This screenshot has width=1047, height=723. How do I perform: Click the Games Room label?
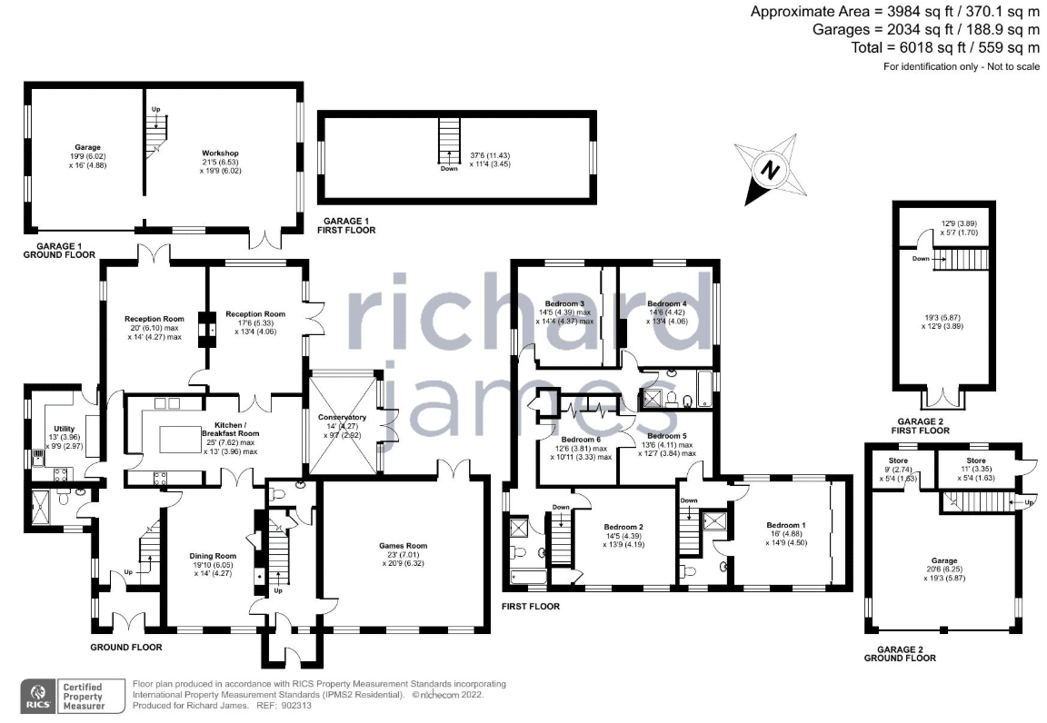coord(403,545)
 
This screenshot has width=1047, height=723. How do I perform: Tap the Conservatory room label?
coord(342,417)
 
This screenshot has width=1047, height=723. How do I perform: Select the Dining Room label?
coord(213,556)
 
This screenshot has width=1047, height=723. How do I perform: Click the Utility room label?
coord(65,429)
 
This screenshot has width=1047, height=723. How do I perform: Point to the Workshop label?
coord(220,153)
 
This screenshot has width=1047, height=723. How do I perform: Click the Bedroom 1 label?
coord(786,525)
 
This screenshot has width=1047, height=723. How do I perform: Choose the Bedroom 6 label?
coord(581,440)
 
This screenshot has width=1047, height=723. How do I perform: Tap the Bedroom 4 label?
coord(667,303)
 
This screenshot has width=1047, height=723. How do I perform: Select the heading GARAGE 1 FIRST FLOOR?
coord(349,225)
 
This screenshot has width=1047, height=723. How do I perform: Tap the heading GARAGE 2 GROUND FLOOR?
coord(900,654)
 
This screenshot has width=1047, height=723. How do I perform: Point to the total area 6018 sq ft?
coord(892,47)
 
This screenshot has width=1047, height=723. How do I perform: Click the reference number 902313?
coord(297,706)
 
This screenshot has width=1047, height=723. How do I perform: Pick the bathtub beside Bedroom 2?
coord(528,577)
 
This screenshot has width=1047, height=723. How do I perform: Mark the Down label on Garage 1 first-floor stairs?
coord(449,169)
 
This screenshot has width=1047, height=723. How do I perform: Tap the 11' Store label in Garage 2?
coord(975,461)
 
